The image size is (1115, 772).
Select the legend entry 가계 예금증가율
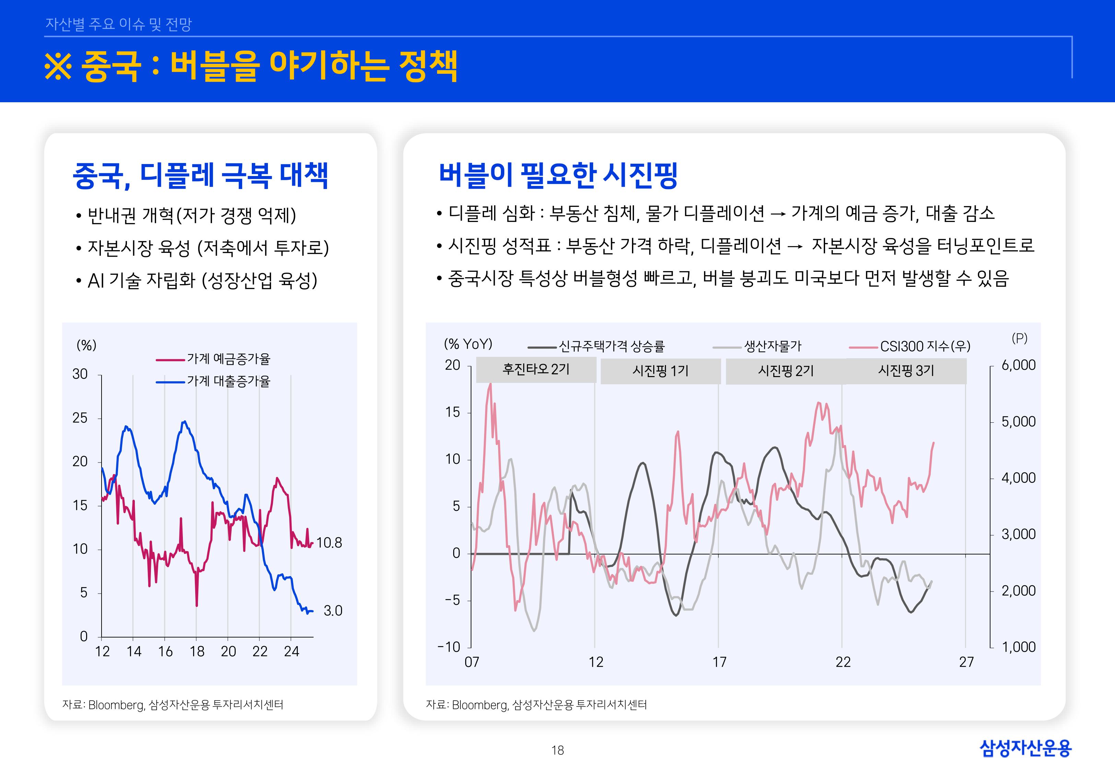228,359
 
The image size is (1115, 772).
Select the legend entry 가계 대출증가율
228,381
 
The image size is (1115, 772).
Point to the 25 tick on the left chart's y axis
80,418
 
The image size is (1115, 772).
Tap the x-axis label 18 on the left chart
197,652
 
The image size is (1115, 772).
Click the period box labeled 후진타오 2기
536,370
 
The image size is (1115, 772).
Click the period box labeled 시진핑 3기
906,371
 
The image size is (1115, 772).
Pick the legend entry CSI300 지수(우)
925,346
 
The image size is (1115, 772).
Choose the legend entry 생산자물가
772,346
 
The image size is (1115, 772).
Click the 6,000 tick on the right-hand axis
1018,365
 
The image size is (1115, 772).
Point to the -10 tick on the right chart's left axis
449,647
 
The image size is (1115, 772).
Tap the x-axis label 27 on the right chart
966,662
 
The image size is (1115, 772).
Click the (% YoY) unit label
468,344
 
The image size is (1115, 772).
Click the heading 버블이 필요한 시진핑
558,175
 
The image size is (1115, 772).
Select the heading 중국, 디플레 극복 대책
200,175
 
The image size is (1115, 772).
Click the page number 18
557,750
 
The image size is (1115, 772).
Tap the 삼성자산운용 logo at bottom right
1025,748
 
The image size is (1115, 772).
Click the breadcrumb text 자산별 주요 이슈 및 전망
118,24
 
